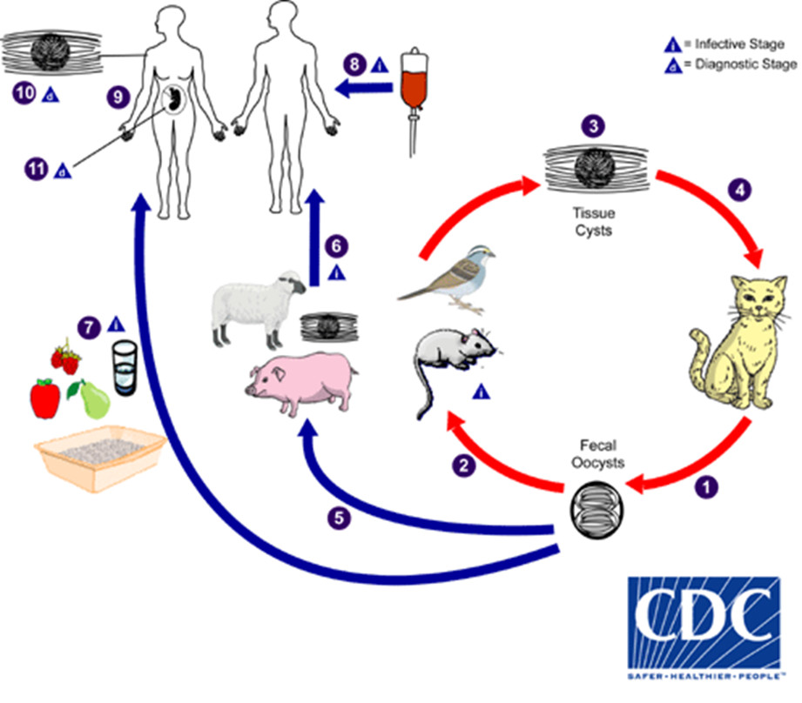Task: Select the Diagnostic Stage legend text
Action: (x=740, y=64)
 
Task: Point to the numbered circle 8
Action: (x=354, y=64)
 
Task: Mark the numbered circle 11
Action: (x=36, y=170)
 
